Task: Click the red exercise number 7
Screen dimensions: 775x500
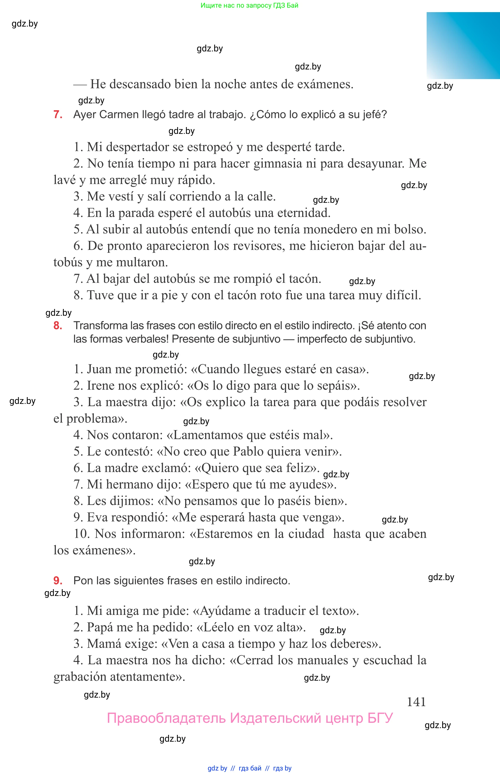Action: tap(58, 115)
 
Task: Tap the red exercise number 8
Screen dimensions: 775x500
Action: tap(58, 326)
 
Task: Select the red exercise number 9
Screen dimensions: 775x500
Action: tap(58, 581)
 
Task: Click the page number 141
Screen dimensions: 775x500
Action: tap(416, 702)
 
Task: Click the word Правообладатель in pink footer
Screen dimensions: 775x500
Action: tap(166, 718)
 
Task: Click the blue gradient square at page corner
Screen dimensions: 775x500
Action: tap(463, 45)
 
